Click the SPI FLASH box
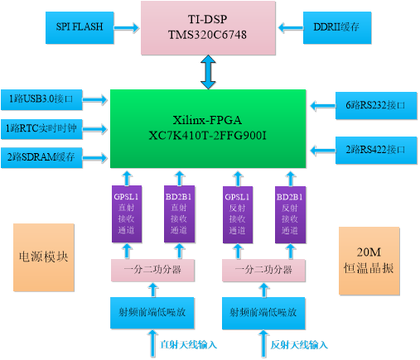pos(80,27)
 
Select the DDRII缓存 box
pos(337,27)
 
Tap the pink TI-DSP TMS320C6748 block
pos(208,28)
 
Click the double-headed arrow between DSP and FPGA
pos(208,72)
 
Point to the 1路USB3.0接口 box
pos(41,99)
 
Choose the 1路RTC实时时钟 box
pos(41,129)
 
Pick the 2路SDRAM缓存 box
pos(41,157)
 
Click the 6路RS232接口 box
pos(376,106)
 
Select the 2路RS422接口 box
pos(376,151)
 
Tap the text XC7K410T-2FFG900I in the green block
pos(208,136)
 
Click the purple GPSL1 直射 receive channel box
pos(127,214)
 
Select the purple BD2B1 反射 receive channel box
pos(290,215)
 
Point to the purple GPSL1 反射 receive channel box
pos(238,215)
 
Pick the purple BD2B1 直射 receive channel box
pos(180,214)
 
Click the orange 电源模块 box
pos(44,257)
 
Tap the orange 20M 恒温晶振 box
pos(369,261)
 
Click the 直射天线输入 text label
pos(189,345)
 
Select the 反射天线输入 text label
pos(299,345)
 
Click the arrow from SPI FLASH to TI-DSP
pos(127,27)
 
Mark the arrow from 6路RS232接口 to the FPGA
pos(323,106)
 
